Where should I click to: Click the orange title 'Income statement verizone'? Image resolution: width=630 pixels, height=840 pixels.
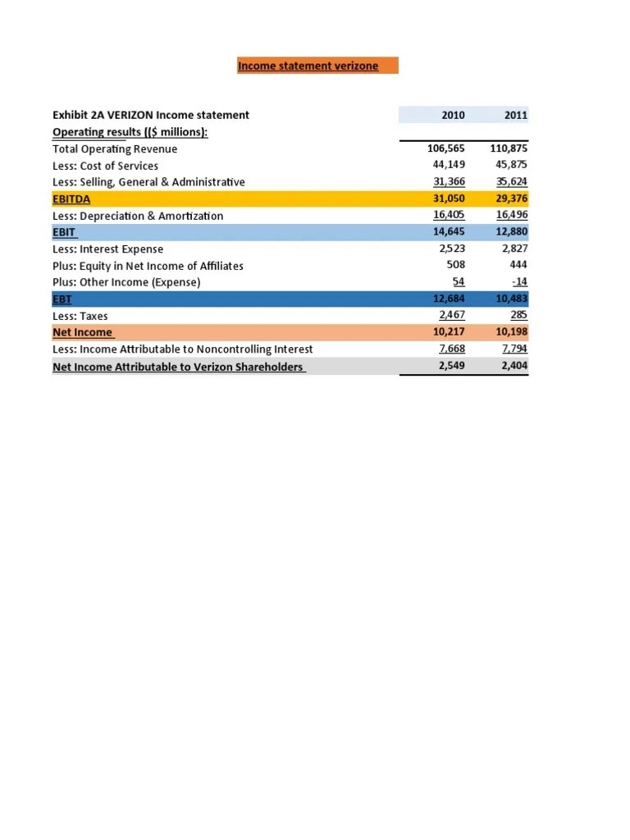pyautogui.click(x=308, y=66)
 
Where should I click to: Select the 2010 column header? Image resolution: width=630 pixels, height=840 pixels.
pyautogui.click(x=453, y=116)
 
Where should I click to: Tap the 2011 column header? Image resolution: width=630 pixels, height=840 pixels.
pyautogui.click(x=515, y=116)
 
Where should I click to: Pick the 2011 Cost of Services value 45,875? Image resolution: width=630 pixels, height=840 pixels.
pyautogui.click(x=509, y=166)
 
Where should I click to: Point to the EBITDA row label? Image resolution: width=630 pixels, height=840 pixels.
pyautogui.click(x=71, y=199)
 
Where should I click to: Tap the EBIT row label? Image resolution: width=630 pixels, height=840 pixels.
pyautogui.click(x=64, y=232)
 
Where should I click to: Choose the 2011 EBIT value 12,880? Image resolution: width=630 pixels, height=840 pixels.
pyautogui.click(x=509, y=232)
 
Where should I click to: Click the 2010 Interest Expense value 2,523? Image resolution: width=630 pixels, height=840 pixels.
pyautogui.click(x=452, y=249)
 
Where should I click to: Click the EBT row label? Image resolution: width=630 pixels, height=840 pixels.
pyautogui.click(x=62, y=299)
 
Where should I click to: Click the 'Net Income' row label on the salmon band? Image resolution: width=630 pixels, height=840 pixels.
pyautogui.click(x=83, y=333)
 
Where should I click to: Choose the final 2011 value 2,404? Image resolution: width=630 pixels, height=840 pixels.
pyautogui.click(x=514, y=367)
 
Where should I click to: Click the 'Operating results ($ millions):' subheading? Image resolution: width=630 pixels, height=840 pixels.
pyautogui.click(x=130, y=132)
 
